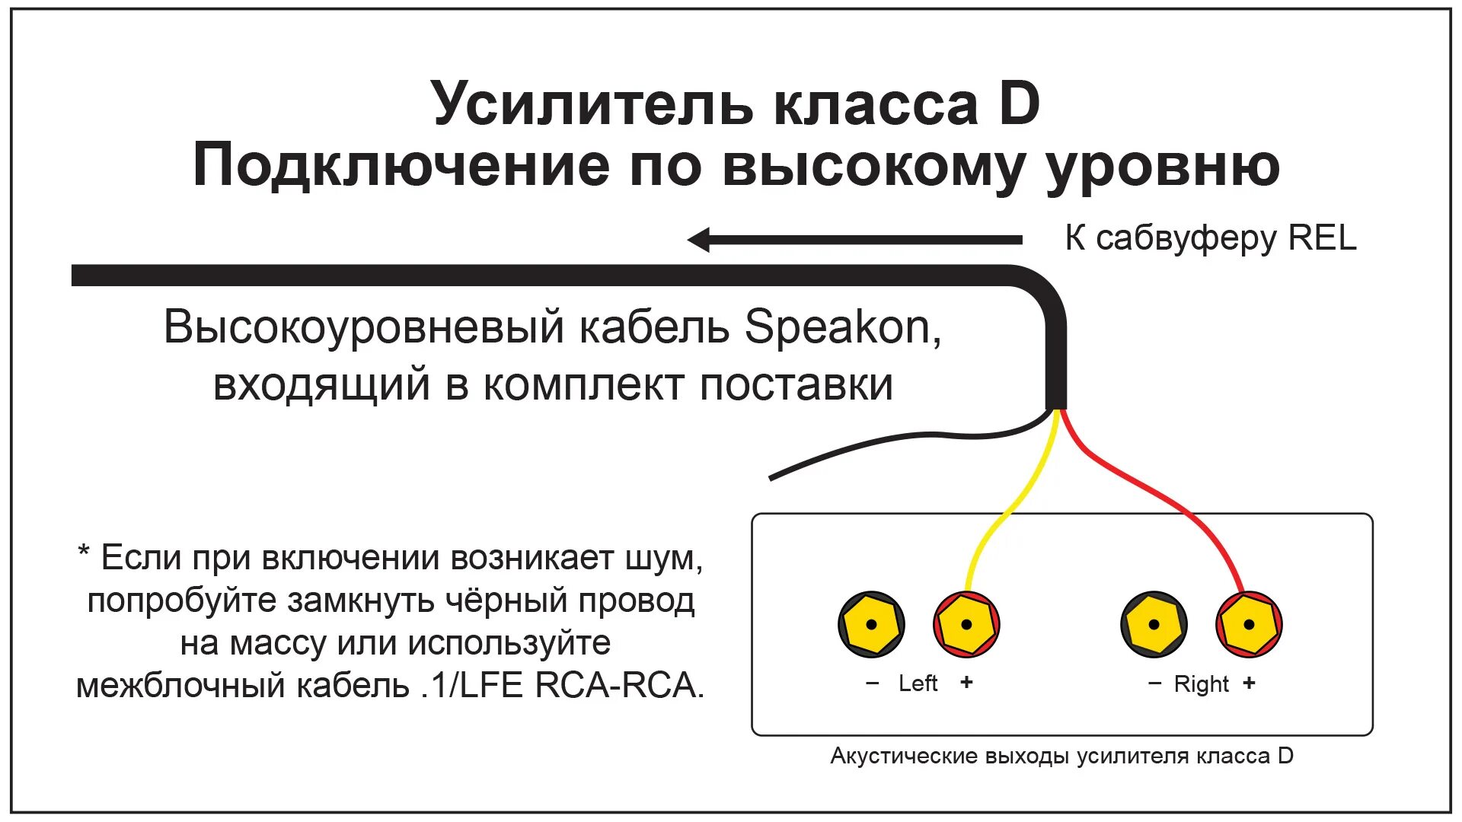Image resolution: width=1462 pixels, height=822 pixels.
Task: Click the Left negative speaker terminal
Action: [871, 624]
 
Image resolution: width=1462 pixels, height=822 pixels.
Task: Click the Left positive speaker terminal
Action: [966, 624]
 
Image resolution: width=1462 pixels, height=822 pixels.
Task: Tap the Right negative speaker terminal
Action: [1154, 624]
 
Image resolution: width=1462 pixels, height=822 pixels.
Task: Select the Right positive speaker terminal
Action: [1249, 624]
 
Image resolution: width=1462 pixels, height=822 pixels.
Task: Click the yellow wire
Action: [1013, 510]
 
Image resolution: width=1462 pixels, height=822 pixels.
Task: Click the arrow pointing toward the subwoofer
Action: [853, 240]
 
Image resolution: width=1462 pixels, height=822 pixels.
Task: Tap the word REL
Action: [1322, 238]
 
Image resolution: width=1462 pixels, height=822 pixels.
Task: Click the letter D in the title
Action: [1019, 104]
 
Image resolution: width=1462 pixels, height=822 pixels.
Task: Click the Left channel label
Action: [918, 683]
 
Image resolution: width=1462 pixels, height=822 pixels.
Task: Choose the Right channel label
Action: [1201, 684]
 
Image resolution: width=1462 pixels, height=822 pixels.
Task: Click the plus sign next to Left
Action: [966, 682]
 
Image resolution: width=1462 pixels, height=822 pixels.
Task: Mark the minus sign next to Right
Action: [1154, 683]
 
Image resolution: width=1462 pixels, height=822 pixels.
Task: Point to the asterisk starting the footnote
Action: [84, 552]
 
